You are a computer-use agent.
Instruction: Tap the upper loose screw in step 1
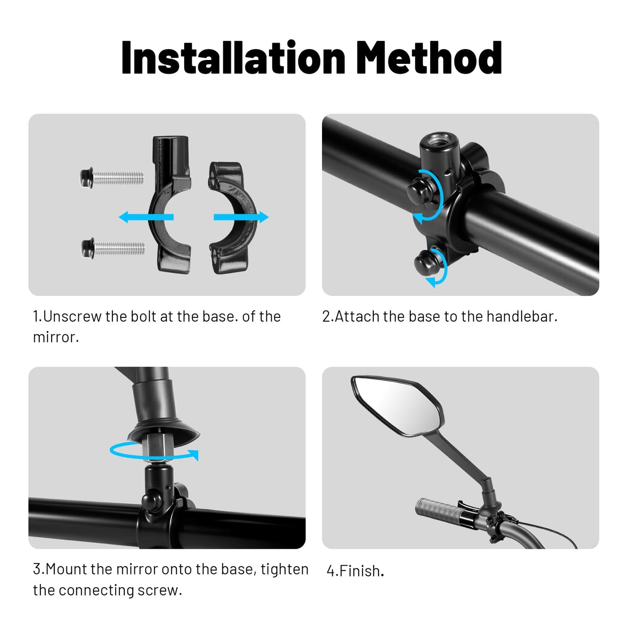click(x=112, y=178)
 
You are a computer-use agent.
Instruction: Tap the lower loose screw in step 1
click(x=113, y=248)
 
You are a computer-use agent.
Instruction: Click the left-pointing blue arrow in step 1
click(x=146, y=216)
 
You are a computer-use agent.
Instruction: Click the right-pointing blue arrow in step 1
click(x=241, y=217)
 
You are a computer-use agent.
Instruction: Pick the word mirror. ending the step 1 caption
click(x=56, y=337)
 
